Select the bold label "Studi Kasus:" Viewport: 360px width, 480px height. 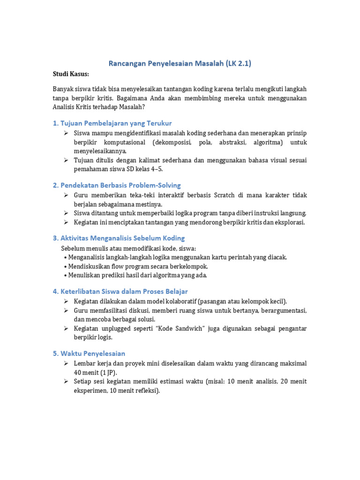[70, 74]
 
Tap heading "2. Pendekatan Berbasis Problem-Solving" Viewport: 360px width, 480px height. [117, 185]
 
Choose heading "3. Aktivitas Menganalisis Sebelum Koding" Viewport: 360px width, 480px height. [119, 238]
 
